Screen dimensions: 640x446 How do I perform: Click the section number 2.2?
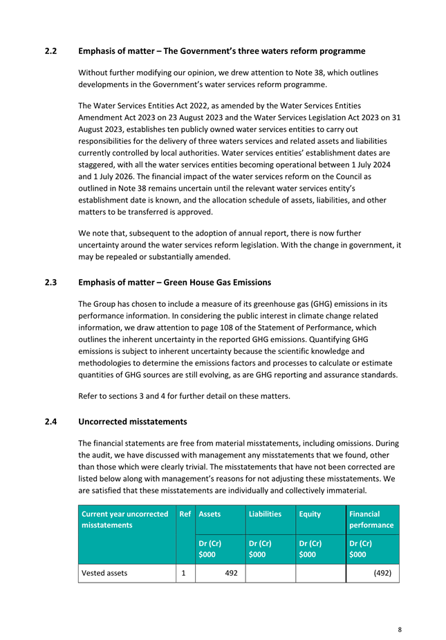pos(50,51)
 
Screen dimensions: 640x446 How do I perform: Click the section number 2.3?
pos(50,282)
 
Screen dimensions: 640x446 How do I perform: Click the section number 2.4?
pos(50,420)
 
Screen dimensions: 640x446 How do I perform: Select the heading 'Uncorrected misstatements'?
pos(133,420)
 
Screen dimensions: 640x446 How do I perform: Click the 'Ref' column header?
pos(185,514)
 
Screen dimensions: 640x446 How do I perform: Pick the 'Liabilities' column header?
pos(263,514)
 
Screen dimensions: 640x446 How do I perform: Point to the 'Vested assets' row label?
pos(104,573)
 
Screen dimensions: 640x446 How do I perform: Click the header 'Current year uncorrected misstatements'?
pos(124,520)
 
